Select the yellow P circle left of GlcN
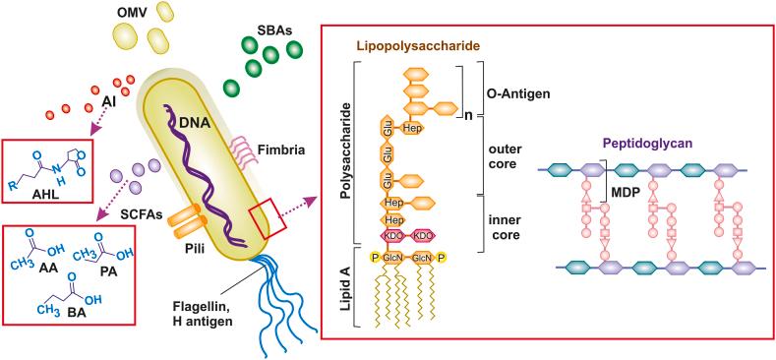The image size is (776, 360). coord(374,258)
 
